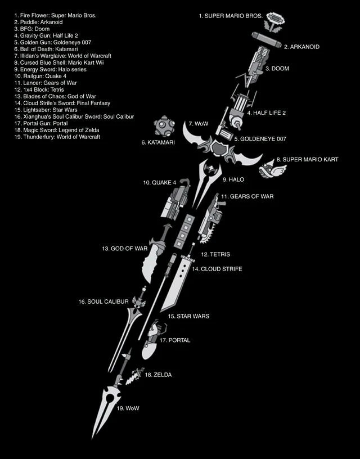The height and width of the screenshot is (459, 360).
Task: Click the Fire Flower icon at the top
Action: click(274, 22)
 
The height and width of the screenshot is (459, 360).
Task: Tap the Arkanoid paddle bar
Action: click(266, 40)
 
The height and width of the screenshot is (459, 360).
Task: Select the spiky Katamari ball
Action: click(164, 126)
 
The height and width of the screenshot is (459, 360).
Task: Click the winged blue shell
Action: click(272, 169)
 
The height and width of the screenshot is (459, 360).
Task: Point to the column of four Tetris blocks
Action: click(184, 231)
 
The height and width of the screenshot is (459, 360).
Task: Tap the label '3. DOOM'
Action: click(277, 69)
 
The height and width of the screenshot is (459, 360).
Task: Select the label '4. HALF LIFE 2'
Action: click(266, 112)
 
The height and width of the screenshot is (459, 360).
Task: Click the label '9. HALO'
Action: click(233, 179)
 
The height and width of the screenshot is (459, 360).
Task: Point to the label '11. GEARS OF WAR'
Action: click(247, 196)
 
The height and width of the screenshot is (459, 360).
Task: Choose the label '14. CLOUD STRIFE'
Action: click(217, 269)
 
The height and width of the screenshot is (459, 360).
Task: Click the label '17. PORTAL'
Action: click(175, 340)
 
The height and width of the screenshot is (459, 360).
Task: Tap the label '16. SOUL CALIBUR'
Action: click(103, 301)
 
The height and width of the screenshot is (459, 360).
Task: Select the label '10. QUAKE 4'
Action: click(160, 183)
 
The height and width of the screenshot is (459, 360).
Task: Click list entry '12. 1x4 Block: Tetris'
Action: click(39, 89)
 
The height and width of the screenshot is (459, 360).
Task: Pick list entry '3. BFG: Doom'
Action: click(32, 29)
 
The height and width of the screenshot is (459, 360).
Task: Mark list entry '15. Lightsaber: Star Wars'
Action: click(46, 110)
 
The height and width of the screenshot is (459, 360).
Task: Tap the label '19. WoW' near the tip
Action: click(128, 408)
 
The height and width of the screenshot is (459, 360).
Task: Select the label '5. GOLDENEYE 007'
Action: click(260, 139)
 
